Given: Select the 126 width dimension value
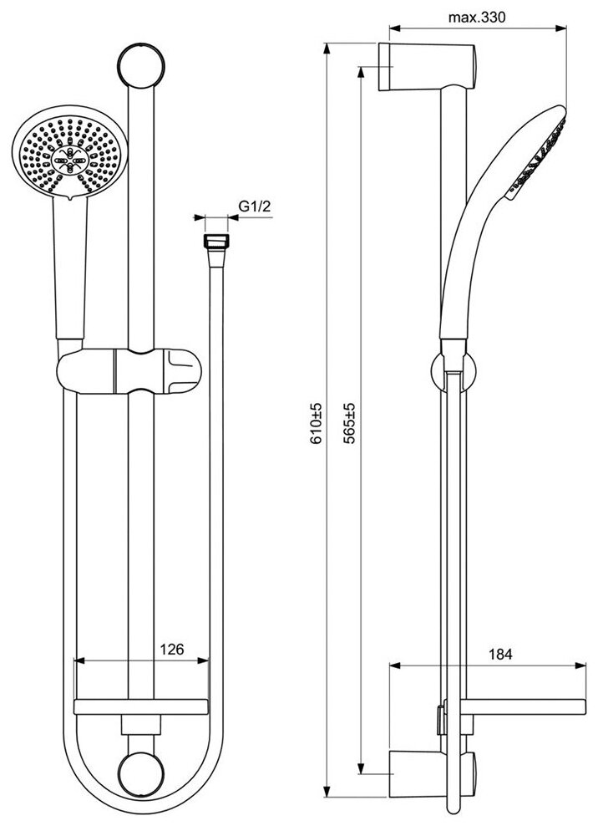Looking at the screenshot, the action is [x=171, y=648].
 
